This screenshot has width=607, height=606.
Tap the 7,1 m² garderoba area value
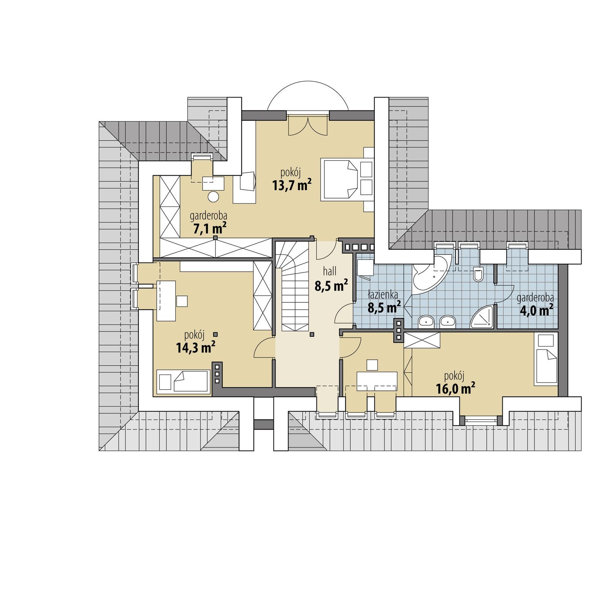tap(208, 229)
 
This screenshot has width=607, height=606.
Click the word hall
tap(330, 271)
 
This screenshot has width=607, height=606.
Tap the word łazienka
tap(383, 294)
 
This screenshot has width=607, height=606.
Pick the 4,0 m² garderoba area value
tap(535, 310)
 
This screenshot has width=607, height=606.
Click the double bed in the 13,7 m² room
tap(340, 179)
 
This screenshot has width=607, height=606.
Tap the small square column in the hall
tap(312, 335)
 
